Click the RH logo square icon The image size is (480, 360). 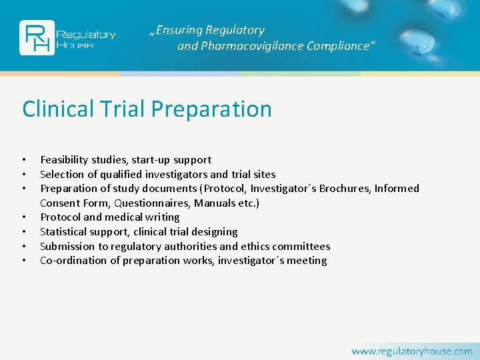pos(35,37)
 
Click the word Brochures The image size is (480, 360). pos(347,189)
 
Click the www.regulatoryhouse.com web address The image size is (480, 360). pos(412,351)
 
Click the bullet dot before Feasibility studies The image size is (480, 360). pos(24,160)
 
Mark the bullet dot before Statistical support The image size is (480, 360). pos(24,232)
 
